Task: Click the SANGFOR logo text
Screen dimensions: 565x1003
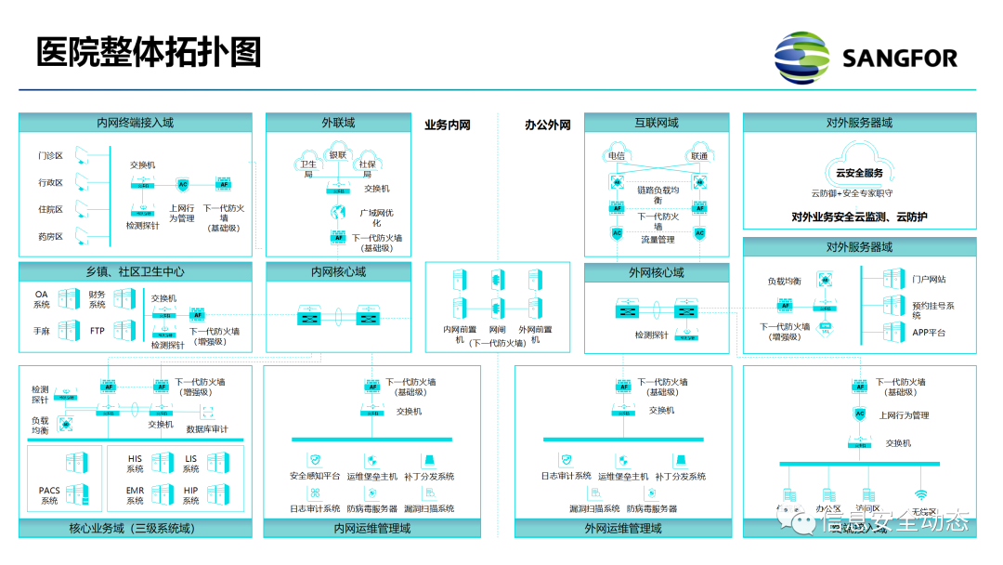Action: (898, 59)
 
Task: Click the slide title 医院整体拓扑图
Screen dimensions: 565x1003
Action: (149, 52)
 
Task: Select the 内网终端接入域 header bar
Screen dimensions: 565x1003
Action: (136, 123)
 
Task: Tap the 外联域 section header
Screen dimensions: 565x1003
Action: (338, 123)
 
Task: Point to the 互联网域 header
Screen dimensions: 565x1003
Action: (657, 123)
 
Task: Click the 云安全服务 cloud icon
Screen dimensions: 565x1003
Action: (859, 172)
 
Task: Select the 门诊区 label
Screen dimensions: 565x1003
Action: (50, 156)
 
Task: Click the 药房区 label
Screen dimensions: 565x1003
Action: (50, 236)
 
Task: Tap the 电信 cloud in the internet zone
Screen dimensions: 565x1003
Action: (616, 155)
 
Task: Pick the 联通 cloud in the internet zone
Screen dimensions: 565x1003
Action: (697, 155)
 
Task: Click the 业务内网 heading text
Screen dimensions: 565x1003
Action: (448, 125)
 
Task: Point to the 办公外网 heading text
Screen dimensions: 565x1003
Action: (547, 125)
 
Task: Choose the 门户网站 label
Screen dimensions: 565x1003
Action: (929, 279)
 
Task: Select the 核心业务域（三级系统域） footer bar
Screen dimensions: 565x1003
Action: (136, 529)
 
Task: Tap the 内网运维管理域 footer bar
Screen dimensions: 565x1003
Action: (371, 529)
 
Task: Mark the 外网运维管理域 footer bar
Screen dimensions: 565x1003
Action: (623, 529)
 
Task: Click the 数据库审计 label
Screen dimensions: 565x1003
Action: (207, 429)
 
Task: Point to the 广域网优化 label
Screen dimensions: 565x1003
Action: (377, 217)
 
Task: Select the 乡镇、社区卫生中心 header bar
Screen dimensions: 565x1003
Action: (136, 272)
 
